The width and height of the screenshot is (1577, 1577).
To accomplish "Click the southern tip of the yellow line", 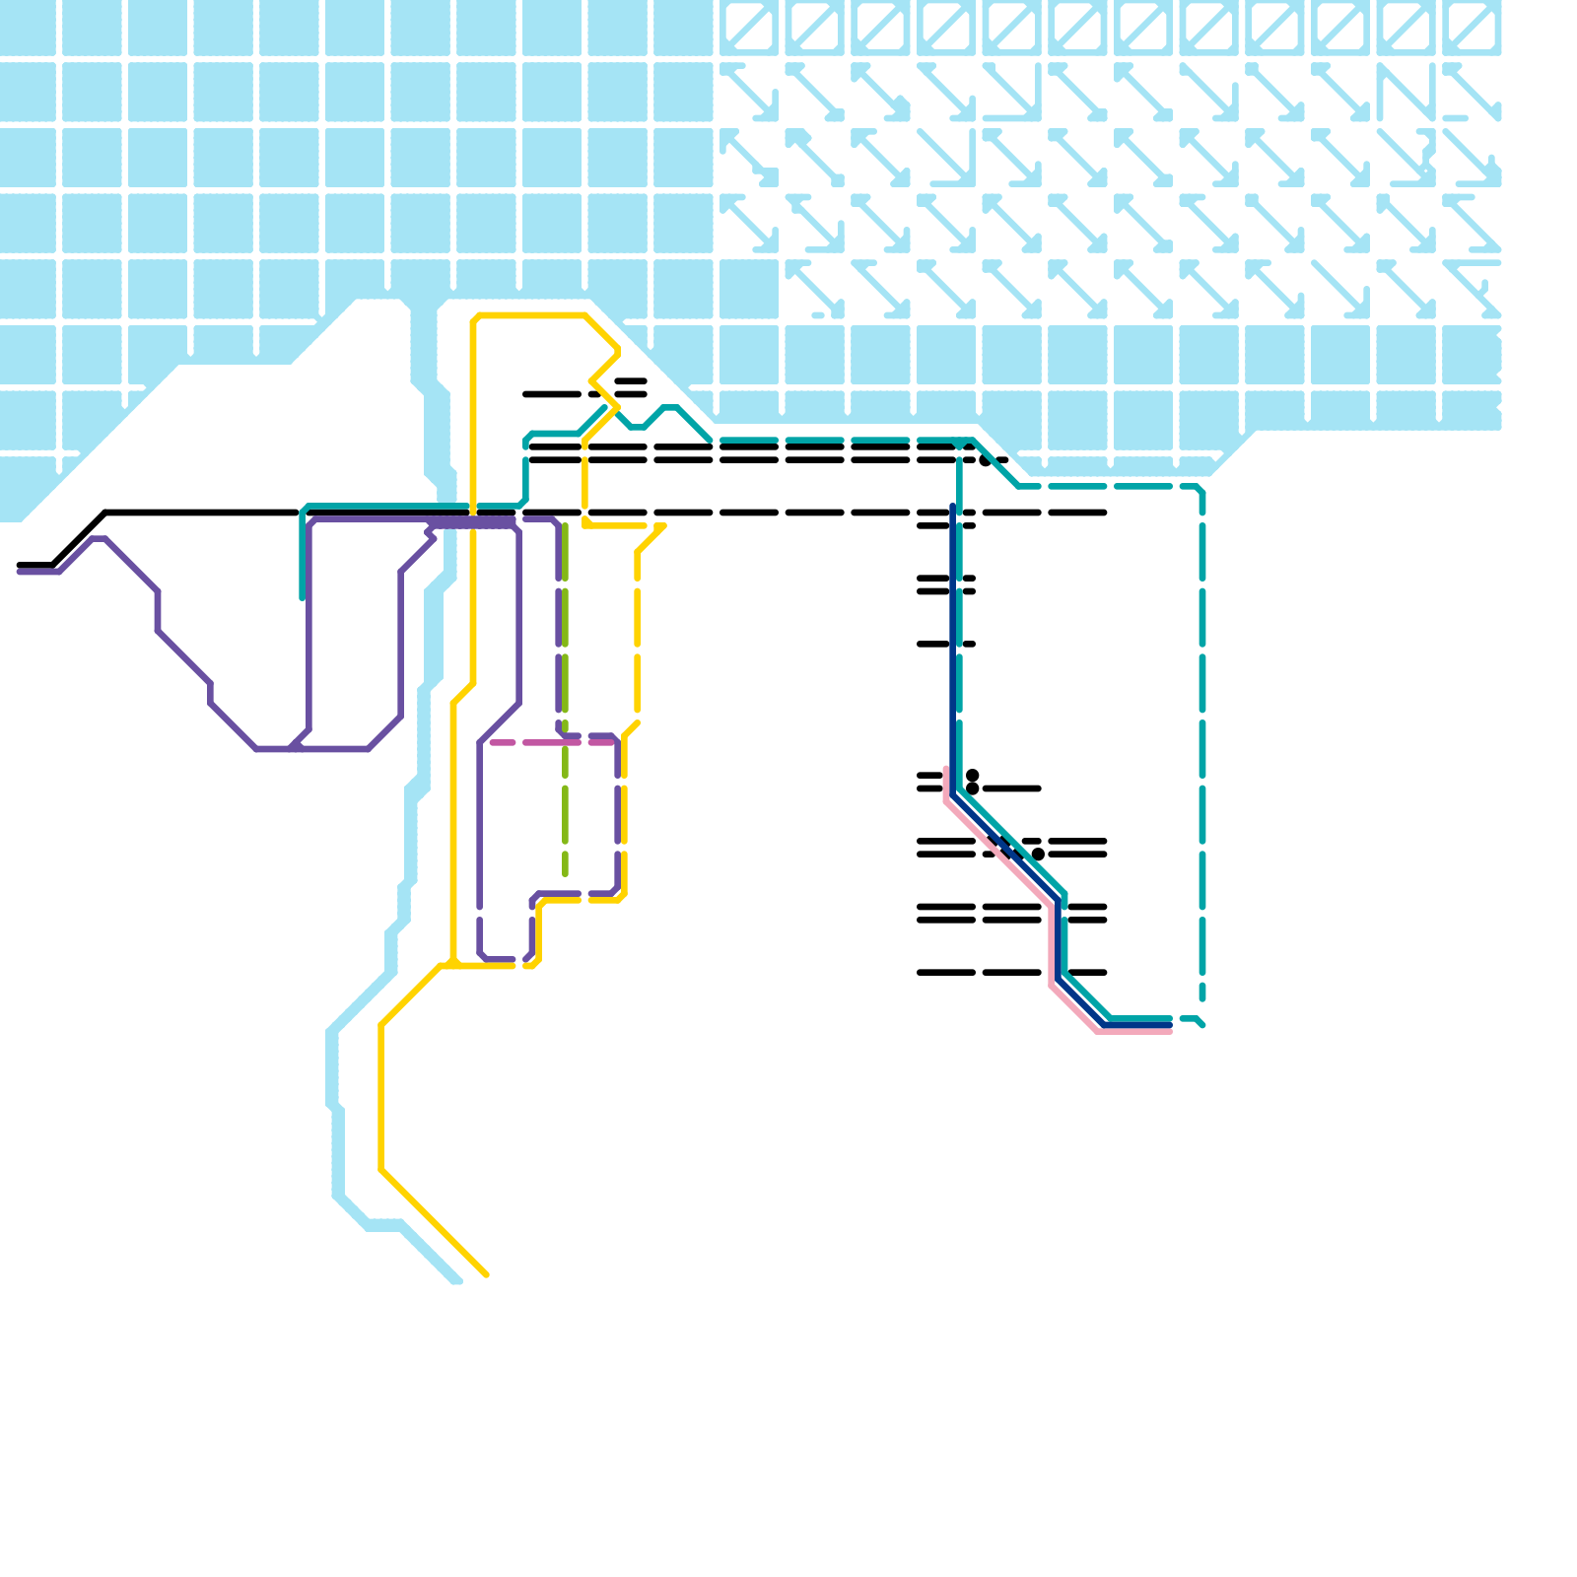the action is click(x=487, y=1275).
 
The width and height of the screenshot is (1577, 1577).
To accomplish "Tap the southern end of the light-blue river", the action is click(x=456, y=1280).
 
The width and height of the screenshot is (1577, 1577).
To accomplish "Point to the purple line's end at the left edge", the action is click(x=20, y=571).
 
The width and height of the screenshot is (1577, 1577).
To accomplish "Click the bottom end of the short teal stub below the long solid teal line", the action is click(x=303, y=596).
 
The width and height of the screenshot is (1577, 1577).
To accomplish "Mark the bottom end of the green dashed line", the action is click(x=565, y=873).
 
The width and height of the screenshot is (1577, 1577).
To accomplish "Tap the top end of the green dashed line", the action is click(x=565, y=526).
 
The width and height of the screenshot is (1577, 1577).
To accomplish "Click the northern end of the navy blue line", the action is click(x=953, y=507).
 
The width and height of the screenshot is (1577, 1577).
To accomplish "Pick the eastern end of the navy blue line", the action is click(x=1169, y=1025).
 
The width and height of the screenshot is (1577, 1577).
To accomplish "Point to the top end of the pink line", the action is click(x=946, y=770).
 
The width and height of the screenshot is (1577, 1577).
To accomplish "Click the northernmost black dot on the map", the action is click(x=985, y=460).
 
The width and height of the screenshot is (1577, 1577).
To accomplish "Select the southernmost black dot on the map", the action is click(x=1038, y=854).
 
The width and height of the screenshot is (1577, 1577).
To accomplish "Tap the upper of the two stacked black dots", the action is click(x=973, y=775).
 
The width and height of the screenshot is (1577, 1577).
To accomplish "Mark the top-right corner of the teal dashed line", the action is click(x=1200, y=489).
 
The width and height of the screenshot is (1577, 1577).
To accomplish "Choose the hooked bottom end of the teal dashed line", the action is click(x=1202, y=1025).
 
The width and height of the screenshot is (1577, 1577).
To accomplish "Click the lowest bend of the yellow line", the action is click(x=381, y=1170).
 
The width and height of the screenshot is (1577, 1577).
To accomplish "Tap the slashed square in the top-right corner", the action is click(x=1472, y=27).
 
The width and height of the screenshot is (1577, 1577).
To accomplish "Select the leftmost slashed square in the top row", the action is click(x=750, y=27).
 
